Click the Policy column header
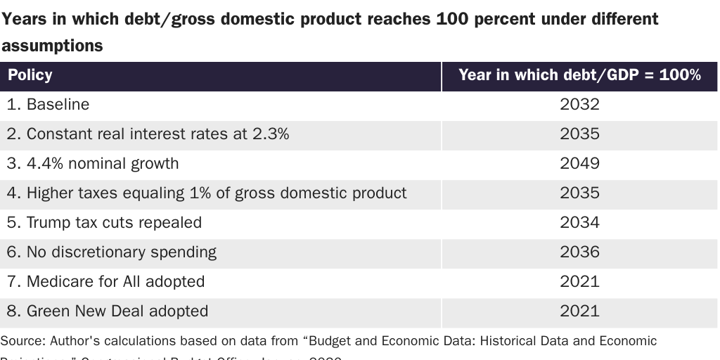pos(30,75)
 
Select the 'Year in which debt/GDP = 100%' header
pos(579,75)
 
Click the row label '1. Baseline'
pos(49,105)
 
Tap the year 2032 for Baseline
pos(579,105)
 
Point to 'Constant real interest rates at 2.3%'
pos(148,134)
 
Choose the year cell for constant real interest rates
pos(579,134)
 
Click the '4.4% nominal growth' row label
pos(93,164)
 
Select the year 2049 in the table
pos(579,164)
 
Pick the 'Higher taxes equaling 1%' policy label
pos(207,193)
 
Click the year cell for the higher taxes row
pos(579,193)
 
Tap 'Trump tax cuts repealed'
pos(105,223)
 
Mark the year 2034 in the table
pos(579,223)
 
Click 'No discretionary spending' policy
pos(112,252)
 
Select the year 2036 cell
pos(579,252)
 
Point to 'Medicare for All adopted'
pos(106,282)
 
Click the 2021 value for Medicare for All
pos(579,282)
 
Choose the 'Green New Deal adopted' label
pos(108,311)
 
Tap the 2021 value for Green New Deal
pos(579,311)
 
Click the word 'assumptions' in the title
pos(52,46)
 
